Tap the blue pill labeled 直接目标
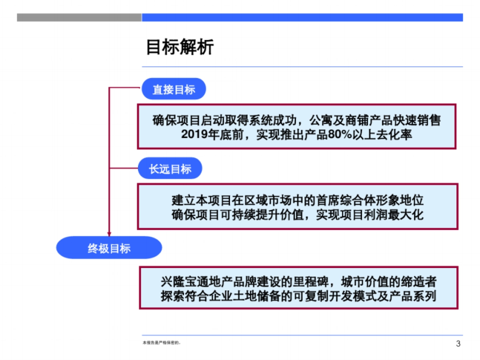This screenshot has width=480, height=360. tap(174, 89)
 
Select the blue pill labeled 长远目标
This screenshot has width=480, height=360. tap(170, 169)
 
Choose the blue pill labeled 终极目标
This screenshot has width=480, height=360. tap(109, 248)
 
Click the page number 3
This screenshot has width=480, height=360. tap(458, 344)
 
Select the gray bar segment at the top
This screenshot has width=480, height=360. tap(79, 18)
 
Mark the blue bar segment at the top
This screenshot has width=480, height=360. tap(302, 18)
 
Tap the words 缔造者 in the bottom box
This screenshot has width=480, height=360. tap(419, 282)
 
